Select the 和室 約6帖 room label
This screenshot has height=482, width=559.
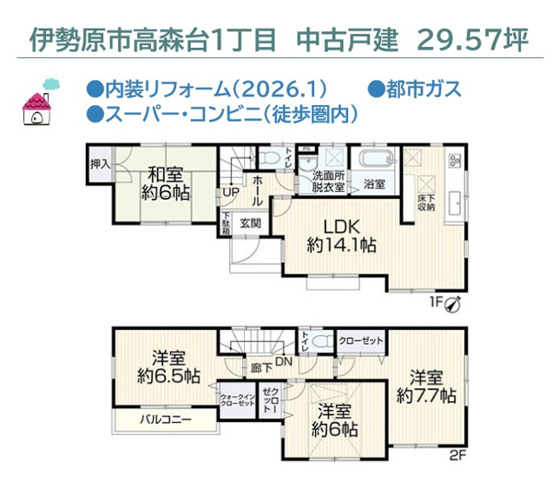pyautogui.click(x=162, y=182)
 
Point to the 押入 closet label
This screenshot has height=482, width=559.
pyautogui.click(x=101, y=163)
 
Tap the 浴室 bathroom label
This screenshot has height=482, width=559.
pyautogui.click(x=375, y=185)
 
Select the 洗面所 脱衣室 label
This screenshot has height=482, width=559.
pyautogui.click(x=328, y=182)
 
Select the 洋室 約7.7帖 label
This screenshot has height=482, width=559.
pyautogui.click(x=426, y=386)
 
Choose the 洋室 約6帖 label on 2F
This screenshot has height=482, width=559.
pyautogui.click(x=333, y=420)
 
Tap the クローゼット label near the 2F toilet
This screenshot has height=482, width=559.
pyautogui.click(x=360, y=341)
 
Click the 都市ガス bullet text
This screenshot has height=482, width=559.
pyautogui.click(x=415, y=89)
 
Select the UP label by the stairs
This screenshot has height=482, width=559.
pyautogui.click(x=231, y=193)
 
